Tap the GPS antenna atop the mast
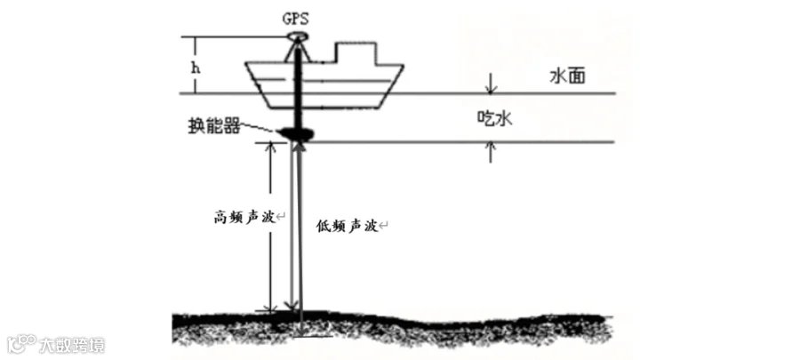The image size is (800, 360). coord(297,36)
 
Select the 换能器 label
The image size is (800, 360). coord(219,127)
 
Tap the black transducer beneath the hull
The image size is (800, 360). coord(296,134)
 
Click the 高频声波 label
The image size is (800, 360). coord(243,216)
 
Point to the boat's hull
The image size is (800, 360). coord(356,84)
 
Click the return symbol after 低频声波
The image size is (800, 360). coord(385,227)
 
